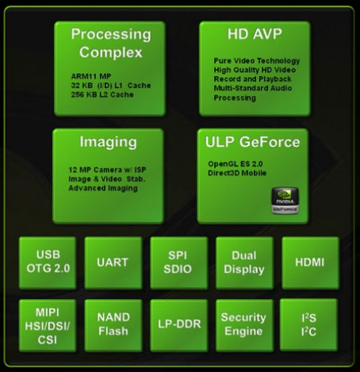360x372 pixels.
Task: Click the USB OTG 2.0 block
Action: click(x=48, y=263)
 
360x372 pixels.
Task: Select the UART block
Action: click(x=113, y=263)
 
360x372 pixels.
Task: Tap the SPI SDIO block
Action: click(x=179, y=263)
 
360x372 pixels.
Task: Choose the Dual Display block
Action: click(x=244, y=263)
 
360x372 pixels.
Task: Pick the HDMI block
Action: click(x=310, y=263)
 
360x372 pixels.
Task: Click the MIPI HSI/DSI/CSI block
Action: click(x=48, y=325)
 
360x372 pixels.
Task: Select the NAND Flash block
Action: click(x=113, y=325)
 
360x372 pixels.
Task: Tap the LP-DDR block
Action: click(x=179, y=325)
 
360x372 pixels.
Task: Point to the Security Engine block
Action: click(x=244, y=325)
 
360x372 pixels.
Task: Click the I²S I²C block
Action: click(x=308, y=324)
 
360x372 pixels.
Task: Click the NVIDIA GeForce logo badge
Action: click(x=285, y=201)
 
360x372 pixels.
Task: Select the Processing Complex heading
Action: click(x=111, y=43)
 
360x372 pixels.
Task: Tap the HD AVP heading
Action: click(x=255, y=34)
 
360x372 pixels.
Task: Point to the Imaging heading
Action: click(x=109, y=143)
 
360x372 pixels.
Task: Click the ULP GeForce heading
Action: click(x=253, y=142)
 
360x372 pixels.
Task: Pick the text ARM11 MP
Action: click(x=91, y=76)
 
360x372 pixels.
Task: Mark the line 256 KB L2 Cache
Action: click(x=102, y=94)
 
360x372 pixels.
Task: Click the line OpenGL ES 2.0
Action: click(x=236, y=164)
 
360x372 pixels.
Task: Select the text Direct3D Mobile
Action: click(x=237, y=173)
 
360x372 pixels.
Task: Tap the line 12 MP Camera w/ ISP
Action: click(x=107, y=170)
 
